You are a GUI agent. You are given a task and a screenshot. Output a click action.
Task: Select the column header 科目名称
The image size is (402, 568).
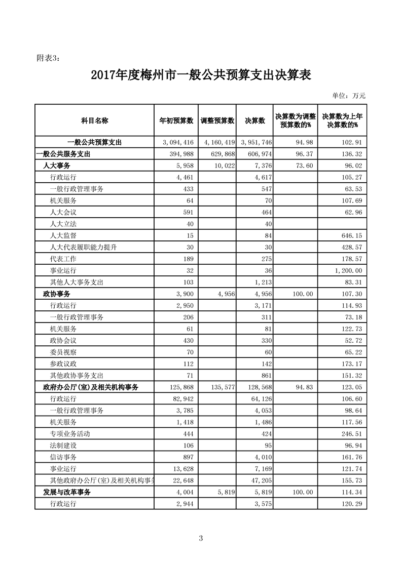(94, 120)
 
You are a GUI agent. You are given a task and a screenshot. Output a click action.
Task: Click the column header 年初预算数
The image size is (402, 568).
(176, 120)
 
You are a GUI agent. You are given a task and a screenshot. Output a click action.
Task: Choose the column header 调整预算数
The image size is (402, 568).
(217, 120)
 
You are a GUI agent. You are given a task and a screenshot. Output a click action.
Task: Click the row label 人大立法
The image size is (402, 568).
(63, 223)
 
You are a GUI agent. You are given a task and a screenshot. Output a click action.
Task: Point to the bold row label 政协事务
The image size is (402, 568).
(56, 294)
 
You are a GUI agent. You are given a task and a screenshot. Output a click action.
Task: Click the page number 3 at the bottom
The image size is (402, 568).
(201, 538)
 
